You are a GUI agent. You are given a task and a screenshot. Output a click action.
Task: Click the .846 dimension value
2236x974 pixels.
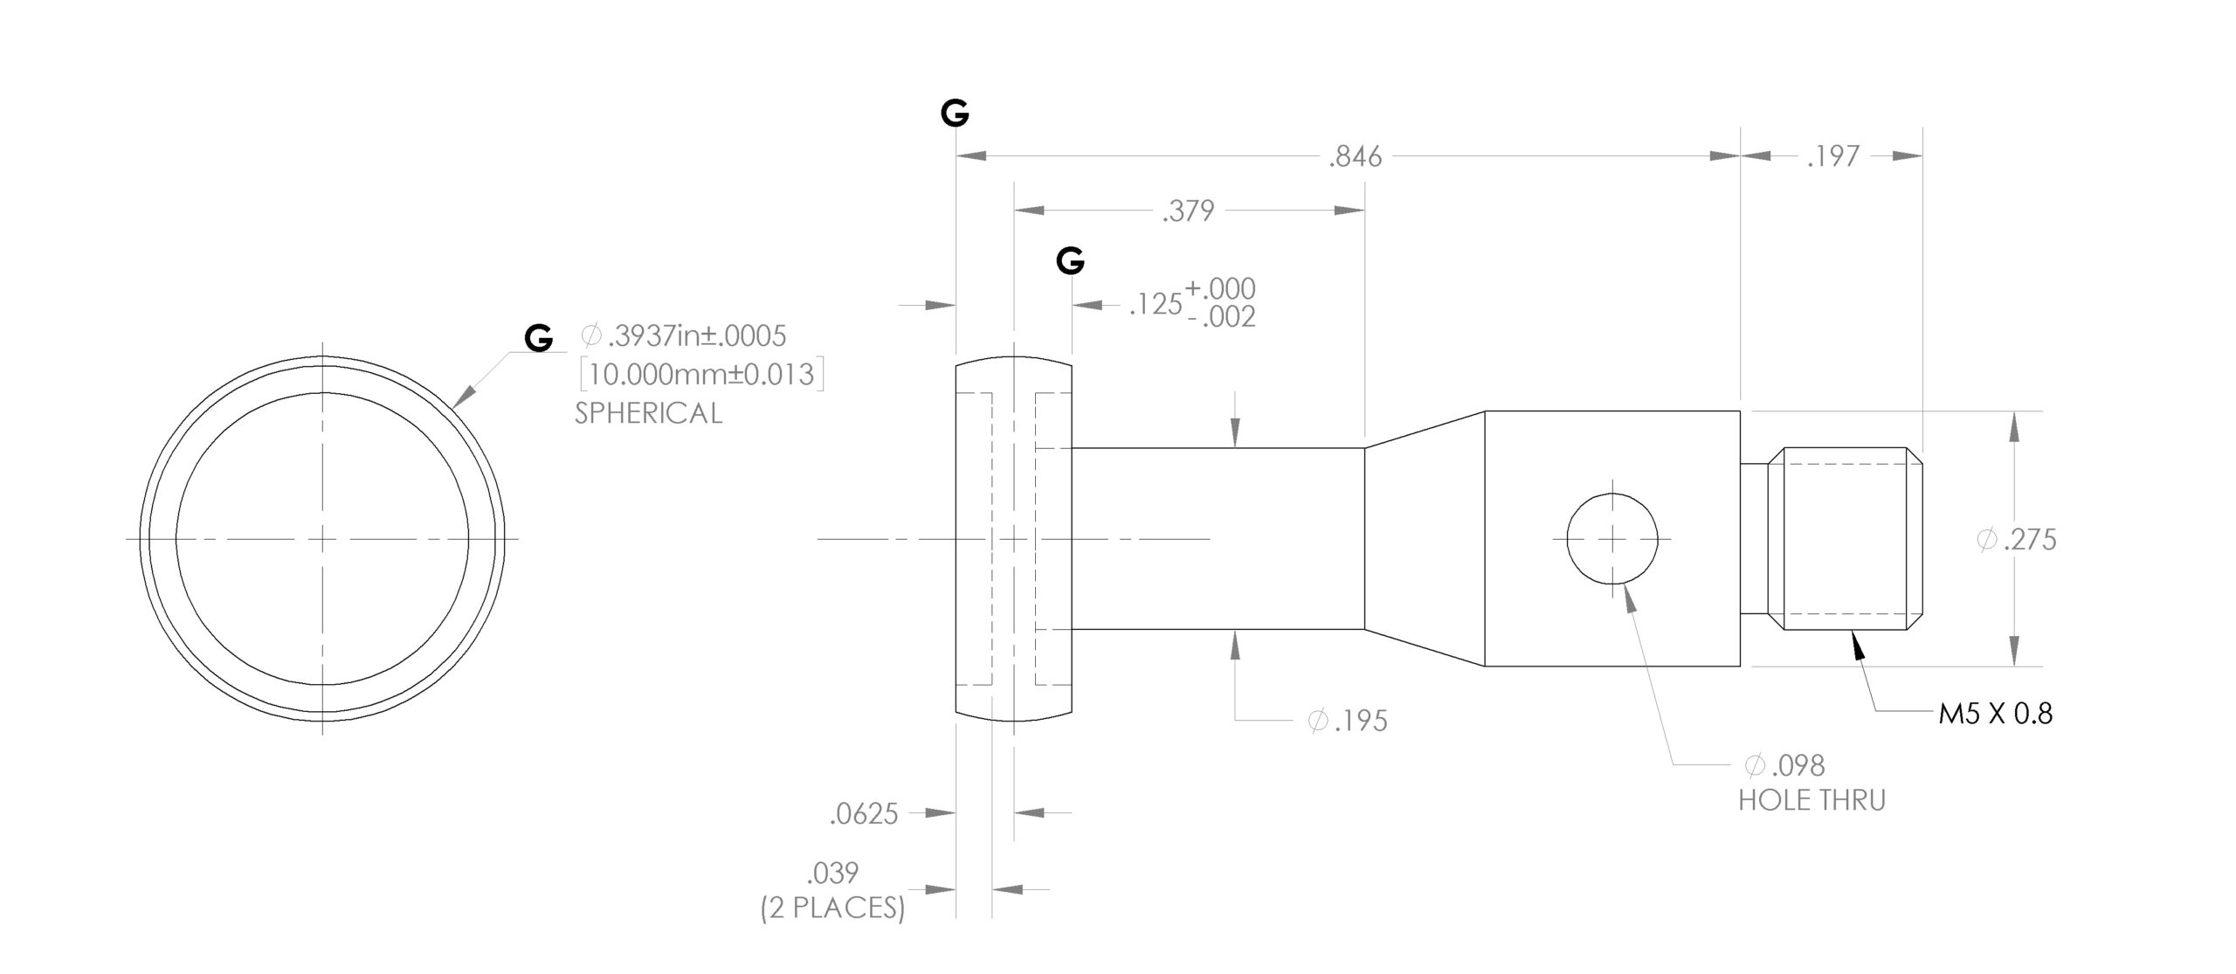point(1356,156)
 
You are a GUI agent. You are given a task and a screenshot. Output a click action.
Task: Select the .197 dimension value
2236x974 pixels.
point(1833,156)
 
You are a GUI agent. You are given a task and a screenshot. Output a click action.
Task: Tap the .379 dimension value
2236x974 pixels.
point(1188,211)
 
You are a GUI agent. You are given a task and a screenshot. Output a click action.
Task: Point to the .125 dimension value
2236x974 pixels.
point(1155,305)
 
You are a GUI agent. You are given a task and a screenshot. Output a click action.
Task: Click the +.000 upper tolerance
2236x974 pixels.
point(1220,288)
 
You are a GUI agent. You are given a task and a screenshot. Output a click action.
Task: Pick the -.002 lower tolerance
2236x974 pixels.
point(1222,317)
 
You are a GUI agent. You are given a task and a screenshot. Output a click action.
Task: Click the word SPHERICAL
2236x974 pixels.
point(648,413)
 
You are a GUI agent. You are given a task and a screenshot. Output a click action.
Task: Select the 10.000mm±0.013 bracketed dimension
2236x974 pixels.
point(702,375)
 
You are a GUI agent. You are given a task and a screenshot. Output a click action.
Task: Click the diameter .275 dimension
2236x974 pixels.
point(2017,540)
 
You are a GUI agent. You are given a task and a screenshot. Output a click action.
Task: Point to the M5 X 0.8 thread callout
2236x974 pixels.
point(1996,715)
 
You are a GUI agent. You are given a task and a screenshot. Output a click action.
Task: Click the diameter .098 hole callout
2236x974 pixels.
point(1784,766)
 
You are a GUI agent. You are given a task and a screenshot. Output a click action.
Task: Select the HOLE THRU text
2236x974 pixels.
point(1812,800)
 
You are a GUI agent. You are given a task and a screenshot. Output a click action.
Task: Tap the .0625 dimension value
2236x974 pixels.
point(863,814)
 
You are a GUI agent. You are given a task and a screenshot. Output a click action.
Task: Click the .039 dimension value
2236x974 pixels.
point(833,873)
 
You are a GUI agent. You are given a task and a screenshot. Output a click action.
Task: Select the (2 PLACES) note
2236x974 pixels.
point(832,908)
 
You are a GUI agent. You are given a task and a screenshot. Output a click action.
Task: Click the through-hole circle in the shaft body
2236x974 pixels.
point(1611,538)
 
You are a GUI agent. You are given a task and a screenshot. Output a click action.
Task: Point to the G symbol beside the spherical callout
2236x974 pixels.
point(539,338)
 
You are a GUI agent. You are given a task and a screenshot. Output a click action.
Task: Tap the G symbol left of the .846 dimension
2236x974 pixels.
point(955,113)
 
